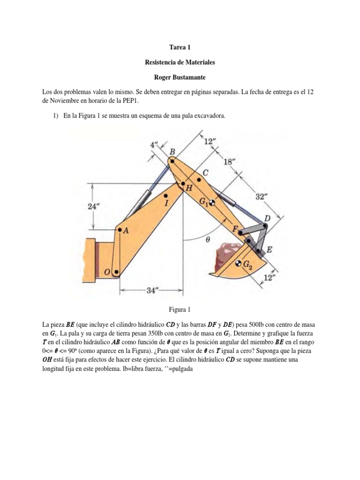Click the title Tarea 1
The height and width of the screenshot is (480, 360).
(180, 47)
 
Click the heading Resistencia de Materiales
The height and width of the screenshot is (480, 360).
(180, 62)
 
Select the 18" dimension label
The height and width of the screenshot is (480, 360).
(228, 161)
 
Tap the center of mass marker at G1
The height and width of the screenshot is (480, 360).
(212, 203)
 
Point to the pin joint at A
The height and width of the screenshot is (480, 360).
(120, 230)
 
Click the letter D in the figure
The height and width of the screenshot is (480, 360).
(267, 219)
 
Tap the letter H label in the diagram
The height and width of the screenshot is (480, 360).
(189, 188)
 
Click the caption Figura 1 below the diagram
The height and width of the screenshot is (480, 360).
(180, 309)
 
